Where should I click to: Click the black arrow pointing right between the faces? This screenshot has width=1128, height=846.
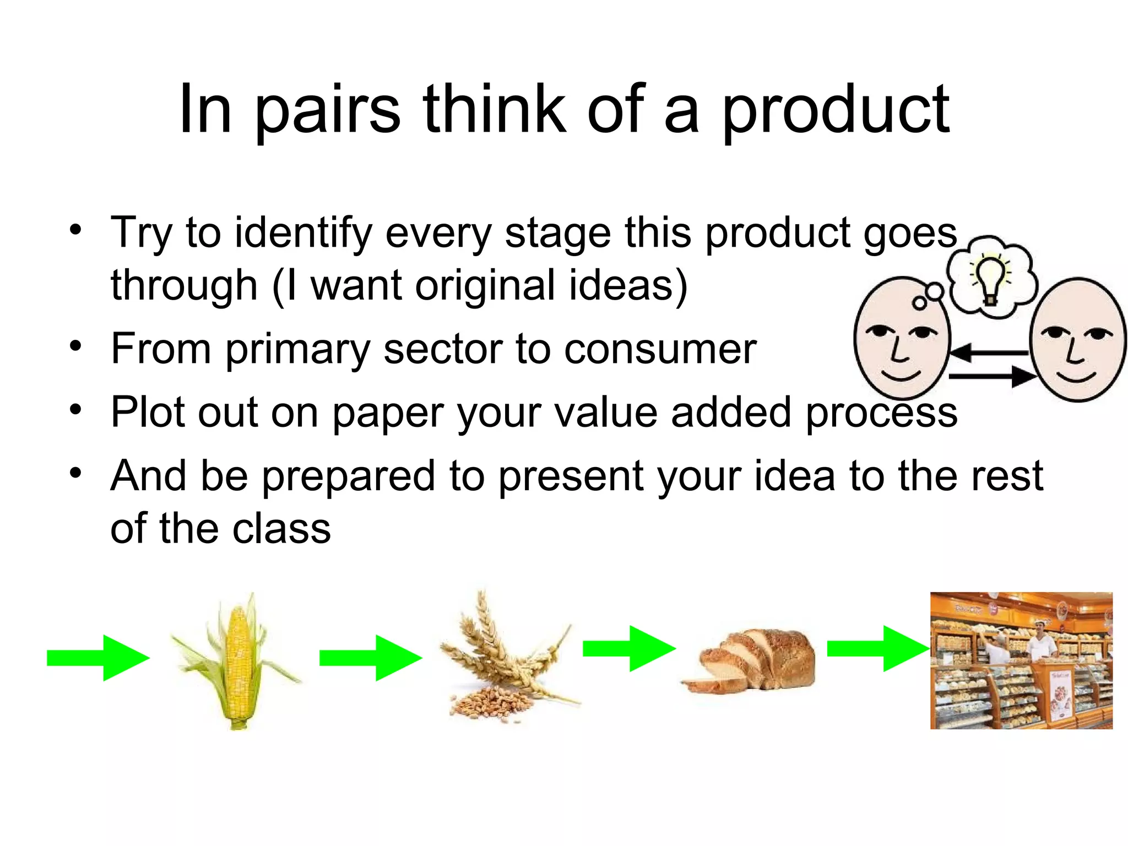991,377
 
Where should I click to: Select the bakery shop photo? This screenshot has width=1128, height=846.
1021,660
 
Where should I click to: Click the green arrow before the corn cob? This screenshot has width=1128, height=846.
99,658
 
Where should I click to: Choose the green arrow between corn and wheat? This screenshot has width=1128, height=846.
371,658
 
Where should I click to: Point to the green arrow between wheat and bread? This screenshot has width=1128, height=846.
630,648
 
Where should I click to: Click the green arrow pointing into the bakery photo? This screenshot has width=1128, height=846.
878,648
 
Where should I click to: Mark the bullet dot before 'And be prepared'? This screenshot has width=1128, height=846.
75,473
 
